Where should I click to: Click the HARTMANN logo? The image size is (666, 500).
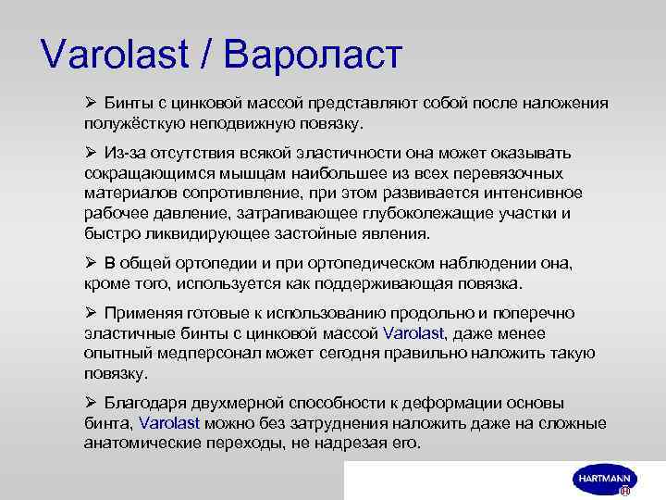point(602,479)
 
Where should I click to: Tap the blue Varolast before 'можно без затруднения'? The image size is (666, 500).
point(168,423)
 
